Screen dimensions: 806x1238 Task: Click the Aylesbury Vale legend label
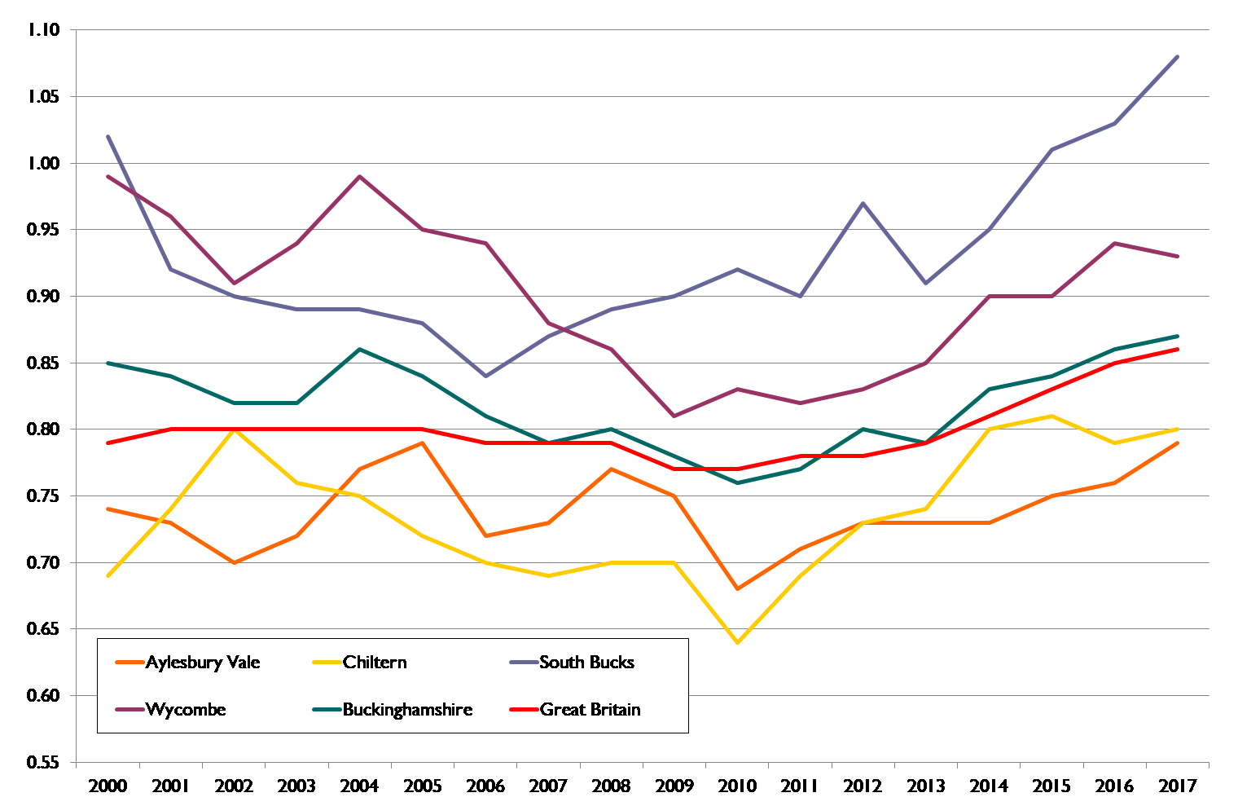(x=203, y=663)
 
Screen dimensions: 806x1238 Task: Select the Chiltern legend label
(x=375, y=663)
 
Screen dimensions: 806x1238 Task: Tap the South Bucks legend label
(x=586, y=663)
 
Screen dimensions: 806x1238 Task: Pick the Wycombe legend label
(x=186, y=710)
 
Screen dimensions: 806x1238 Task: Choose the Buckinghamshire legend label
(x=407, y=710)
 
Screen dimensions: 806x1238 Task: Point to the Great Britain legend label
(x=590, y=710)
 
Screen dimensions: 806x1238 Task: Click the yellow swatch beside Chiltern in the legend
(x=327, y=663)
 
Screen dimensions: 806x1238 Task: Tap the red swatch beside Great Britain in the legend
(x=524, y=710)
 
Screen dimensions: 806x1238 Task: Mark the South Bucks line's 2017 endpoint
(x=1177, y=56)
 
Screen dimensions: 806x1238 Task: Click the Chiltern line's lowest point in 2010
(x=737, y=643)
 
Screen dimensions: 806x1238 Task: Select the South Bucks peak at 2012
(x=863, y=203)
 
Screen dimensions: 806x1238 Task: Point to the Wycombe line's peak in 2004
(x=360, y=176)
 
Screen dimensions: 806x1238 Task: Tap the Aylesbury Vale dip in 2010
(x=737, y=589)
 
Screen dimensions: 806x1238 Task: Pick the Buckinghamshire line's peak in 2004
(x=360, y=350)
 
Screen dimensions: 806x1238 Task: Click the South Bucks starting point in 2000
(x=108, y=136)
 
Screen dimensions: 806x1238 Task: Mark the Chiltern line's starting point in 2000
(x=108, y=576)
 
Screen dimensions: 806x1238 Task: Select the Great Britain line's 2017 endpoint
(x=1177, y=349)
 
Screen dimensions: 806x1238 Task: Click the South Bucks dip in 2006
(x=485, y=376)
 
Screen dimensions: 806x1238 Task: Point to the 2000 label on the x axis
(x=108, y=786)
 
